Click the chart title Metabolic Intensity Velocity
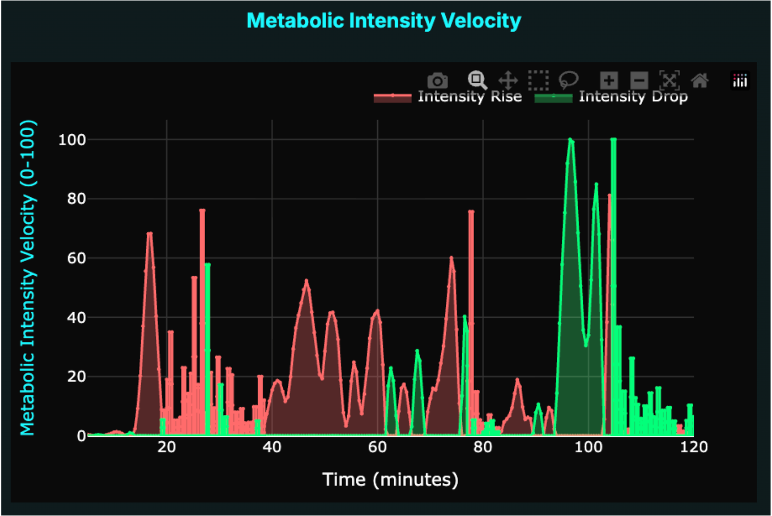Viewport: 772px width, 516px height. coord(383,21)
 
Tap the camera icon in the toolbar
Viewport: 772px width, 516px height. coord(437,81)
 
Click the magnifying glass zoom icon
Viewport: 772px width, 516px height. coord(477,80)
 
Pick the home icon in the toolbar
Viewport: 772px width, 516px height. coord(699,80)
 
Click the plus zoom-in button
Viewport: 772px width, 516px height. coord(608,80)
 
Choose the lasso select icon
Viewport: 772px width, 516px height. coord(568,80)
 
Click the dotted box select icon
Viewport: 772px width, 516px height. coord(538,80)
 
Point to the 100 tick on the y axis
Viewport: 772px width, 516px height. coord(72,139)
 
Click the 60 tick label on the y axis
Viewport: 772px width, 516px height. coord(76,258)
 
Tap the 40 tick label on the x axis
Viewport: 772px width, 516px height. coord(272,448)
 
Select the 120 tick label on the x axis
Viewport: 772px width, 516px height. coord(694,448)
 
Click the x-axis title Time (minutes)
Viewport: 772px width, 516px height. coord(390,480)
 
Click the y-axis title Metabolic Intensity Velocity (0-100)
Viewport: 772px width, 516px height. coord(28,277)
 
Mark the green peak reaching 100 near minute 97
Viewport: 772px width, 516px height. coord(571,139)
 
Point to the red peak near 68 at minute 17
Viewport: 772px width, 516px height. coord(149,233)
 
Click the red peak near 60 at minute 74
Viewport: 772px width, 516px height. coord(451,257)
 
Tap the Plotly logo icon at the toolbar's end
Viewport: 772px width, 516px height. coord(740,81)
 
